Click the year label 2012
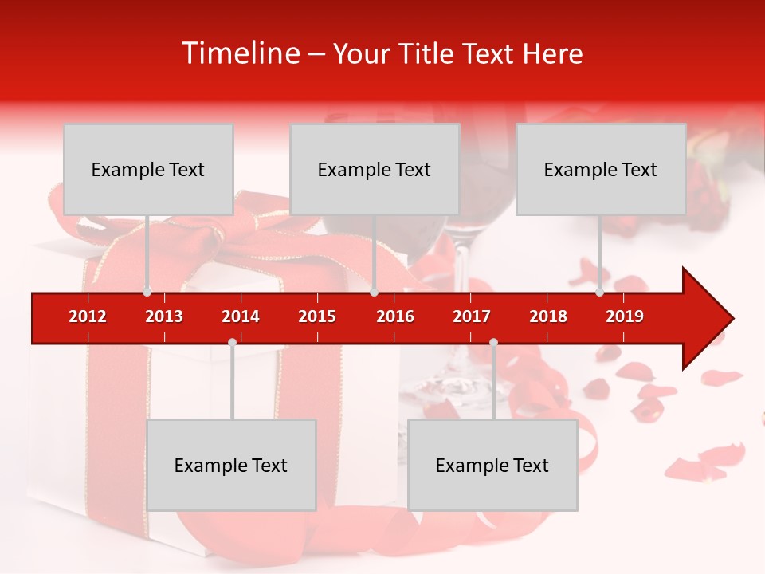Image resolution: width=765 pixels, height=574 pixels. [88, 316]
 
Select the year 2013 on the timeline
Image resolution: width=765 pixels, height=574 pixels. [164, 316]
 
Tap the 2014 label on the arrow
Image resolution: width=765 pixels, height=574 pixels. [241, 316]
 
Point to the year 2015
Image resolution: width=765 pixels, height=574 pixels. [317, 316]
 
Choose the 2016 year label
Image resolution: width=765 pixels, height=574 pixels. [395, 316]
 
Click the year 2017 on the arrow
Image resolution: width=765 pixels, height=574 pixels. [472, 316]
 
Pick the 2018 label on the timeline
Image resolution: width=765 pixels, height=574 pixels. [548, 316]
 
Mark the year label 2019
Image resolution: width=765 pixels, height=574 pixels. [625, 316]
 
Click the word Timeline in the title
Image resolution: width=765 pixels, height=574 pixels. [238, 53]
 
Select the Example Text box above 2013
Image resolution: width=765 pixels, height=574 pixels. [148, 169]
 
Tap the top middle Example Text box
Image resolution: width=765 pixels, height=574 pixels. [375, 169]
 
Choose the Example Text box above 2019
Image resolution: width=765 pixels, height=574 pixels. [601, 169]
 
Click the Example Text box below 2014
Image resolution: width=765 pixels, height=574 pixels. [231, 465]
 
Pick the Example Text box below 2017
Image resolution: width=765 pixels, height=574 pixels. [492, 465]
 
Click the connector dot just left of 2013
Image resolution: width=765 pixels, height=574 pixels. [147, 292]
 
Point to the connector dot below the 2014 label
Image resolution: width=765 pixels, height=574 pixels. [232, 342]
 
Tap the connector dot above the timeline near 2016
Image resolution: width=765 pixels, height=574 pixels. [374, 292]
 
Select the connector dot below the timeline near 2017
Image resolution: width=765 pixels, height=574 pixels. [493, 342]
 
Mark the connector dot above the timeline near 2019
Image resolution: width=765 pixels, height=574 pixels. [599, 292]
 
